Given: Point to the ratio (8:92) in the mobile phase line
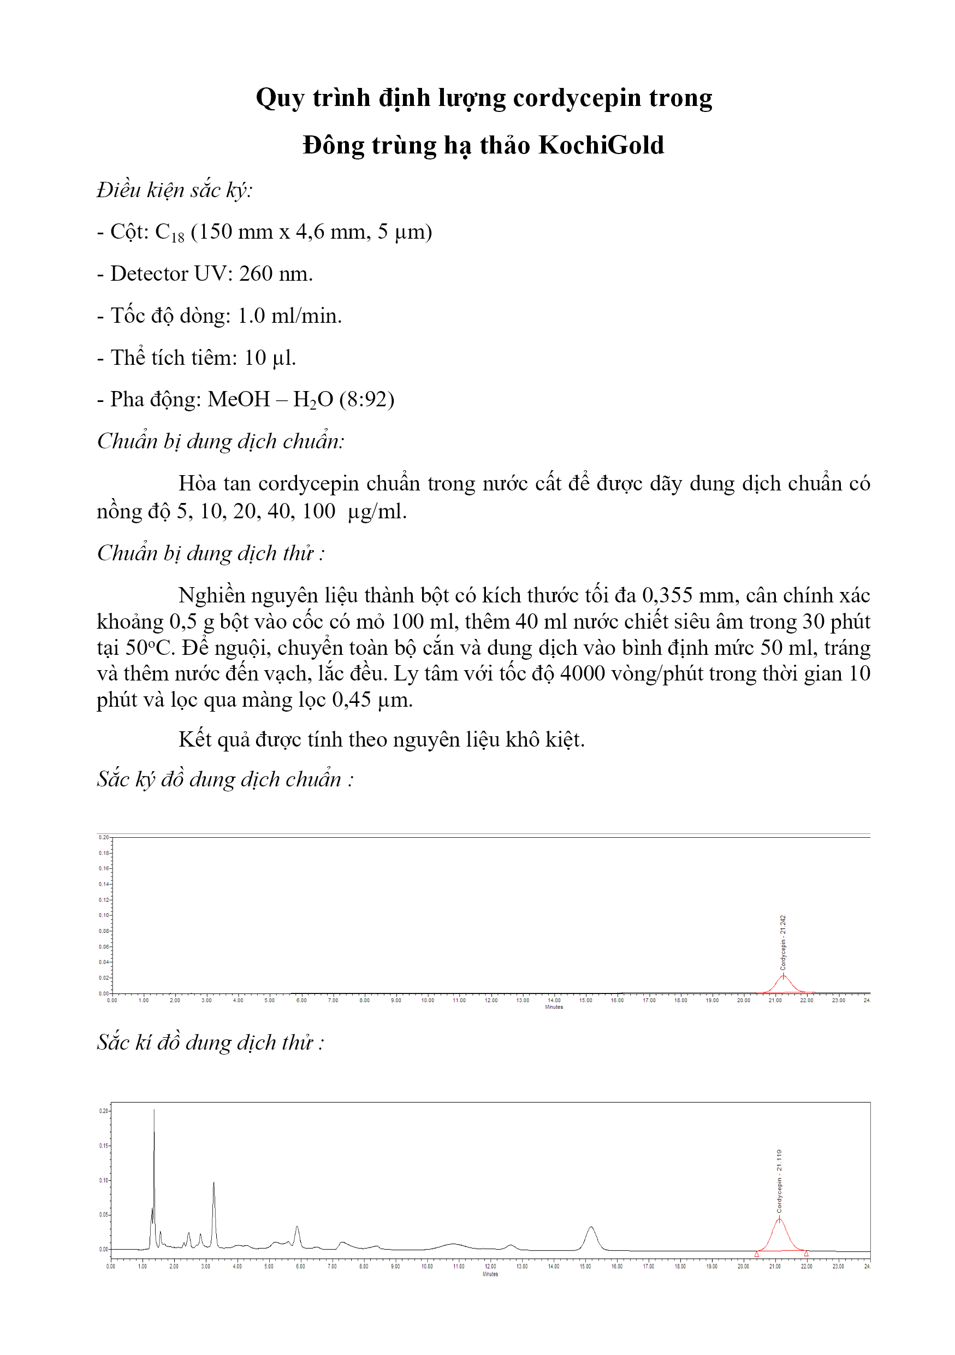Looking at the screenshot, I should click(x=366, y=400).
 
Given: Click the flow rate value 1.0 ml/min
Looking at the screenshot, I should click(x=289, y=316).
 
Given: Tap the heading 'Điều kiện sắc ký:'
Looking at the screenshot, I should click(x=175, y=190).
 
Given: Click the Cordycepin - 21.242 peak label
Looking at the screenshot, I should click(x=783, y=943).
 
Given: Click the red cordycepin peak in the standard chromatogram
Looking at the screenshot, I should click(x=784, y=983).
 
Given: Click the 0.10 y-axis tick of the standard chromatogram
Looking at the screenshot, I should click(x=104, y=915).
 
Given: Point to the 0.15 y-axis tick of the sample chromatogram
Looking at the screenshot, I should click(x=103, y=1145).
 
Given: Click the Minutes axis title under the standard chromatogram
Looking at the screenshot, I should click(x=553, y=1007).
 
